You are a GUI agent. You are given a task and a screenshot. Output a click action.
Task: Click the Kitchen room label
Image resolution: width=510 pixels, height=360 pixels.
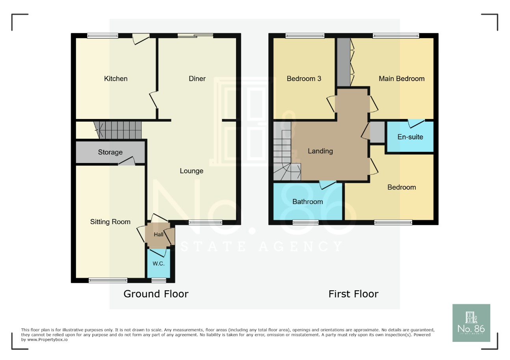pyautogui.click(x=115, y=79)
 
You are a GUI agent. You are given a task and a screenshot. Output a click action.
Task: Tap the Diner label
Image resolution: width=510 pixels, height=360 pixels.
pyautogui.click(x=197, y=79)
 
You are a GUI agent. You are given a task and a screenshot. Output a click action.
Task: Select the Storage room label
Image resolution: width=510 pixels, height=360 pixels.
pyautogui.click(x=110, y=152)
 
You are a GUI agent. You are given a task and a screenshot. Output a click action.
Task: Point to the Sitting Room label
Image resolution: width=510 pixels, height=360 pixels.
pyautogui.click(x=110, y=222)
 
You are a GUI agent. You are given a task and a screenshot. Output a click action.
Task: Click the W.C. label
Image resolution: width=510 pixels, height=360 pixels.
pyautogui.click(x=158, y=264)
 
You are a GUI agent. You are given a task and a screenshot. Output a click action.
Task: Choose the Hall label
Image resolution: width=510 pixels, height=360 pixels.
pyautogui.click(x=158, y=235)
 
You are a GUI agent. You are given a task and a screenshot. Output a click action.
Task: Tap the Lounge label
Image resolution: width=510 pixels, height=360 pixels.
pyautogui.click(x=192, y=171)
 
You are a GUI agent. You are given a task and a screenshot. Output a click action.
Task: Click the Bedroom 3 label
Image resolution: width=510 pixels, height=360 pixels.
pyautogui.click(x=304, y=79)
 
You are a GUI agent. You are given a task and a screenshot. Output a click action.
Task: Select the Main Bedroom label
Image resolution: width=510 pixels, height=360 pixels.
pyautogui.click(x=402, y=79)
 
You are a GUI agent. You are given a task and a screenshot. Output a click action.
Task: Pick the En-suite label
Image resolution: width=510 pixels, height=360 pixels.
pyautogui.click(x=410, y=137)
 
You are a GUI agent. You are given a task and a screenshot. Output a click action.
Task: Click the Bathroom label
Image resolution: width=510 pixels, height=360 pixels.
pyautogui.click(x=307, y=202)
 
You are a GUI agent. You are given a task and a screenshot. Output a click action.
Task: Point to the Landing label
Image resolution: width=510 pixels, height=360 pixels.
pyautogui.click(x=320, y=151)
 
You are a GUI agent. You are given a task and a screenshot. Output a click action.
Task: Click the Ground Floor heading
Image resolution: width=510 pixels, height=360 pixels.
pyautogui.click(x=156, y=294)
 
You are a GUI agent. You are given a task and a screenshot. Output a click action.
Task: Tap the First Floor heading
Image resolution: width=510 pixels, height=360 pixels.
pyautogui.click(x=353, y=294)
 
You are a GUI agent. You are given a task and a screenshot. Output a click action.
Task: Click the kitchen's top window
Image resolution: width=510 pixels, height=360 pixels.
pyautogui.click(x=102, y=36)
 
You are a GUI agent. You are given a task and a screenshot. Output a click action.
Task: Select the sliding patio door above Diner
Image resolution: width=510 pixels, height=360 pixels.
pyautogui.click(x=195, y=36)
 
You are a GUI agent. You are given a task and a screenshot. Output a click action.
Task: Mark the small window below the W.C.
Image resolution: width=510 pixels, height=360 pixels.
pyautogui.click(x=159, y=280)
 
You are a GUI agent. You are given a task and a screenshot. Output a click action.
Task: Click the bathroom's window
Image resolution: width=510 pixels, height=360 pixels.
pyautogui.click(x=305, y=223)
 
